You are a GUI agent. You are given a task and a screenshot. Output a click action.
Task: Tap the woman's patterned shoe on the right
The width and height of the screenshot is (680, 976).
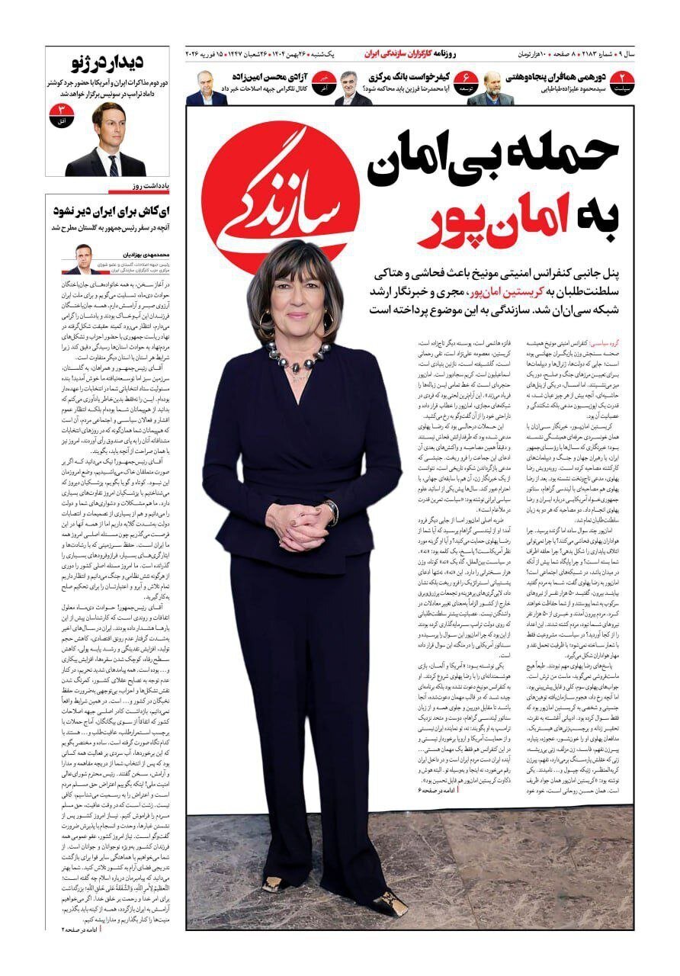click(x=389, y=901)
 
